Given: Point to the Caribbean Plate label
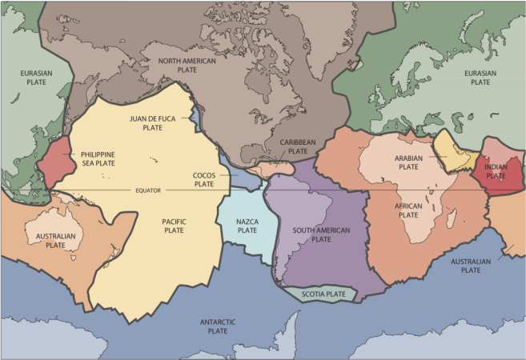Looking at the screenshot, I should pos(298,146).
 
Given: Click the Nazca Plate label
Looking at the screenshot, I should pos(247,225).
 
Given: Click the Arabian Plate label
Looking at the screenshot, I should pos(408,163).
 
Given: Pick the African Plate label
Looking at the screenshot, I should pos(408,210).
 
